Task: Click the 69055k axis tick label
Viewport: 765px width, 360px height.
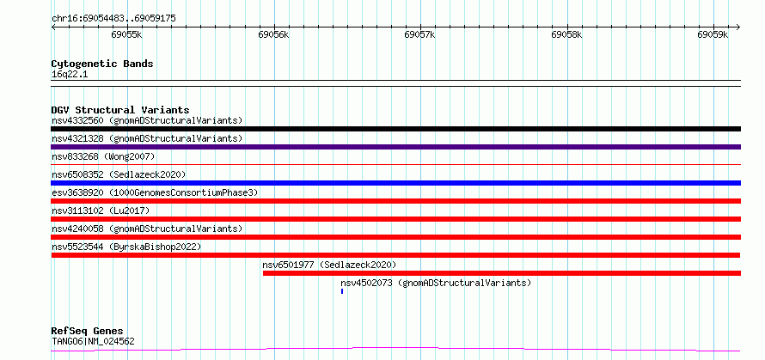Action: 127,34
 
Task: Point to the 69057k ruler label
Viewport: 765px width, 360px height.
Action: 420,34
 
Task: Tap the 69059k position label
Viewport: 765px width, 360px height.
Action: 713,34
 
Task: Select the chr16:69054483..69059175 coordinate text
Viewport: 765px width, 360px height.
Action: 113,19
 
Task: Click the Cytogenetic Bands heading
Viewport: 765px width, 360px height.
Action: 102,64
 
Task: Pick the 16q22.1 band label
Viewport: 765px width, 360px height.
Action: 70,75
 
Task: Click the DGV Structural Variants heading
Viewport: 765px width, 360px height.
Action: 120,110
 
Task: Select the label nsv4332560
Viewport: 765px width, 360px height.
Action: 78,120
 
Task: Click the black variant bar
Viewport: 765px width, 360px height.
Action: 395,129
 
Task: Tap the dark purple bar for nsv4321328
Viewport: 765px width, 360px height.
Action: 395,147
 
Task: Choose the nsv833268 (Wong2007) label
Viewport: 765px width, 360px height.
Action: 103,156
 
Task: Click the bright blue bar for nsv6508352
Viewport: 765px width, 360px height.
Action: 395,183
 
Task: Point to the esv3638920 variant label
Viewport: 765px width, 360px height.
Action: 78,192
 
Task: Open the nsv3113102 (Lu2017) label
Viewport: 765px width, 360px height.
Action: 101,211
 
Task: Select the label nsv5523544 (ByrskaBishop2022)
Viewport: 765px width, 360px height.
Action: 126,247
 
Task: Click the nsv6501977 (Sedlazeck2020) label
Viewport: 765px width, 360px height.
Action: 329,265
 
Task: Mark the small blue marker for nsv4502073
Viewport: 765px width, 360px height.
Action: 342,291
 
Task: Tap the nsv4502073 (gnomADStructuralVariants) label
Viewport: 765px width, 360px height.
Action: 436,283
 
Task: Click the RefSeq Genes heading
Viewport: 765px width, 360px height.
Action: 88,332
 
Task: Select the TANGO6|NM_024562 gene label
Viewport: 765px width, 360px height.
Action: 93,341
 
